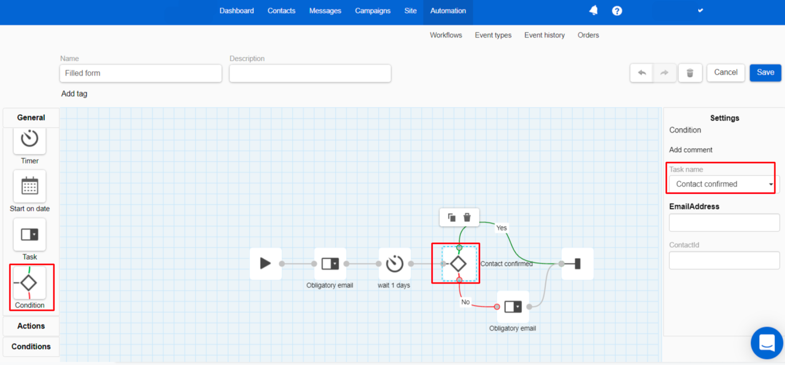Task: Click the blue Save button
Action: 765,72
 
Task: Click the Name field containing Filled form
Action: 141,73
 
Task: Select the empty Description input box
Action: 310,73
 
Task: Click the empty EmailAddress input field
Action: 724,223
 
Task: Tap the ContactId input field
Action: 724,260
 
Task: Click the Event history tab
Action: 545,35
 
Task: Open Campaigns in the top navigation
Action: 373,11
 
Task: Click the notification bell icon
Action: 594,10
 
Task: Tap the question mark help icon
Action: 617,11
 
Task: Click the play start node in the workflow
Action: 266,264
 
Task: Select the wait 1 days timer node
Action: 395,264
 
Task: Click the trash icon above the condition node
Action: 467,217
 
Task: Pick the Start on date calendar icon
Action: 30,186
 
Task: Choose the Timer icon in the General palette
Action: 30,139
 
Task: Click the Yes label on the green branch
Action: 501,228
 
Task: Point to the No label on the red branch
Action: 465,302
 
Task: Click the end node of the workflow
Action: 578,264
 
